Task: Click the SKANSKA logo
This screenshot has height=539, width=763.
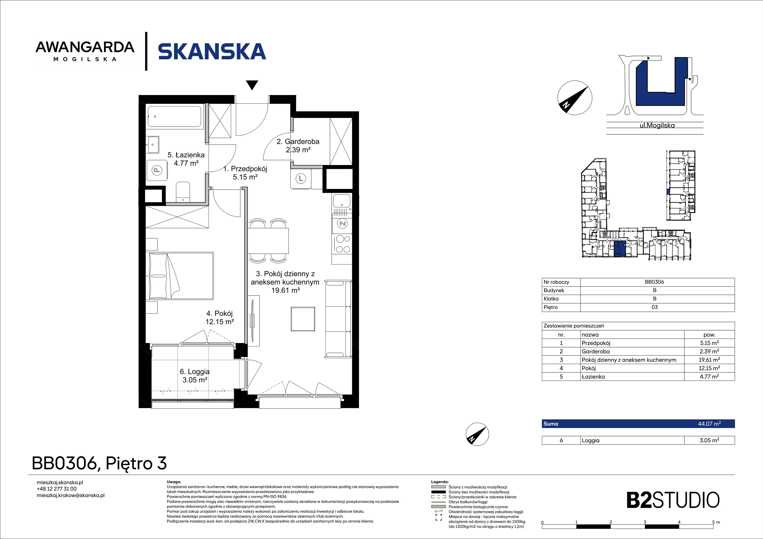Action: coord(212,51)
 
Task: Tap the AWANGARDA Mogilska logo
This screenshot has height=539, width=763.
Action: coord(85,51)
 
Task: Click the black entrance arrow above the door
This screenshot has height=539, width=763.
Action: coord(252,85)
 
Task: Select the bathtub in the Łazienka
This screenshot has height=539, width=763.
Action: coord(175,117)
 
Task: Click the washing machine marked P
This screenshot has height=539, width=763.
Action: coord(157,170)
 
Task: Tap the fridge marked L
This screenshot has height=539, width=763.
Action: coord(300,179)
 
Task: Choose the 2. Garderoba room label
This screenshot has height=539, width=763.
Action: coord(298,145)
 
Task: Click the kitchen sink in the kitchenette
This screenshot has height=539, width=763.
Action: coord(342,203)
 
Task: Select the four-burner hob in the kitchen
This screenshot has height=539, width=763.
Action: coord(343,244)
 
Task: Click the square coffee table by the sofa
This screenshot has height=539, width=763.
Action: coord(303,319)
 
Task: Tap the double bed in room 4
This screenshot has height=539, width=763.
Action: coord(181,276)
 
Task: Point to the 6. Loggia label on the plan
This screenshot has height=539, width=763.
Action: coord(195,376)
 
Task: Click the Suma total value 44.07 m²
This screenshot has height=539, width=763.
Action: coord(709,424)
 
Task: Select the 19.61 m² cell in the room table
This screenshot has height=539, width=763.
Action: coord(709,360)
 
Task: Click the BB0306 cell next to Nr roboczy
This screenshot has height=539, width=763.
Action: coord(654,282)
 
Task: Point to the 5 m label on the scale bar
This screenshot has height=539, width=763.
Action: coord(716,522)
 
